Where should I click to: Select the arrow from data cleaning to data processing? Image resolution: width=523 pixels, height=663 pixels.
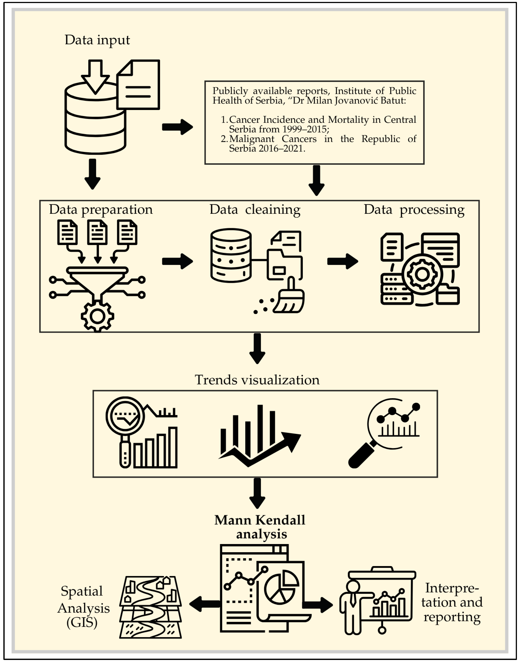[342, 261]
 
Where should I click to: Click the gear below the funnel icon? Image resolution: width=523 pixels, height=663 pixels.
[97, 317]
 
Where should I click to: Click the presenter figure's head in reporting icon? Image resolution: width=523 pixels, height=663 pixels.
[353, 587]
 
